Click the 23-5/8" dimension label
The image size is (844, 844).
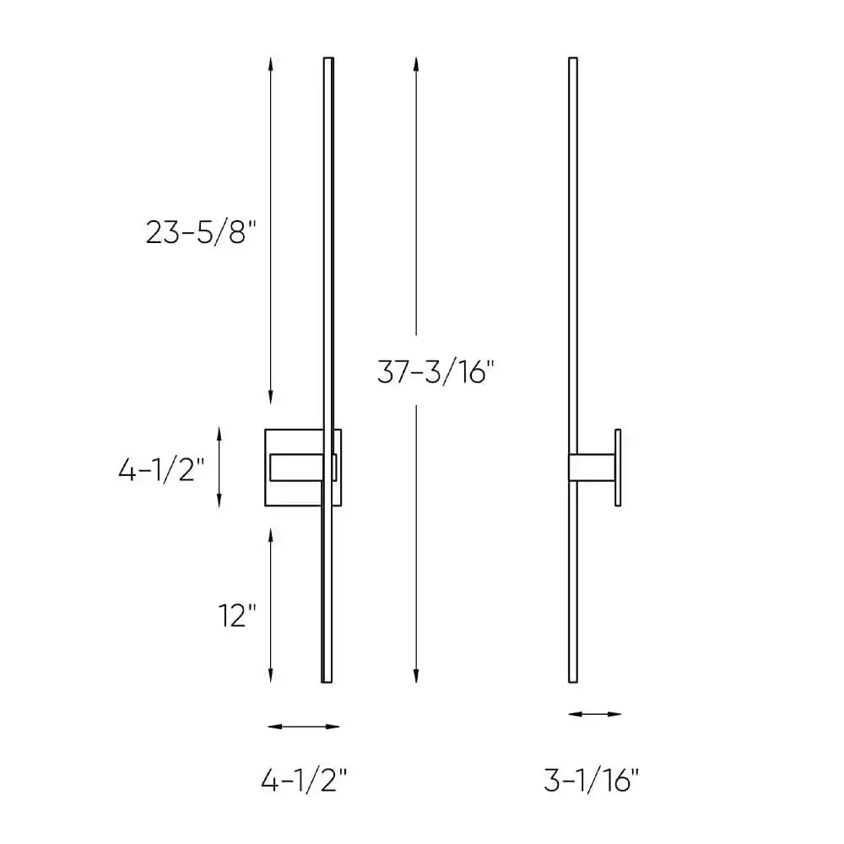coord(200,232)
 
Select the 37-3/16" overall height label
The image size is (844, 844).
coord(434,372)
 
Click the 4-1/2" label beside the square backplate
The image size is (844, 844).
coord(161,469)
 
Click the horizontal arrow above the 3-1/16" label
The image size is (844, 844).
coord(595,714)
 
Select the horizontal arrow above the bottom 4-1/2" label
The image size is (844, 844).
coord(303,726)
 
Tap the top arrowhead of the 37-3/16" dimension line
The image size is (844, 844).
coord(414,62)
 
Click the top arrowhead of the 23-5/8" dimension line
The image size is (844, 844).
coord(270,62)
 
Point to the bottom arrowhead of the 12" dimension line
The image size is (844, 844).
coord(270,677)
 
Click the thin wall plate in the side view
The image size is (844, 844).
coord(618,468)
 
